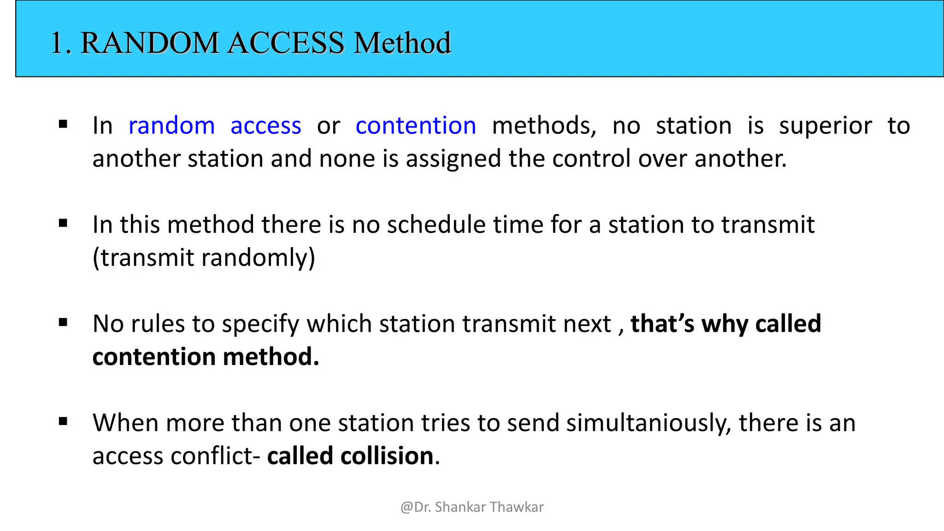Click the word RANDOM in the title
point(149,43)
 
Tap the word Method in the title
point(402,43)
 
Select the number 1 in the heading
point(57,43)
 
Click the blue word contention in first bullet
point(416,125)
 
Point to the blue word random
point(171,125)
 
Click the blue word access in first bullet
point(265,125)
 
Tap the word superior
point(825,125)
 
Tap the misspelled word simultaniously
point(649,423)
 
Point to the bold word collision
point(387,456)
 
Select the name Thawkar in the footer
point(517,507)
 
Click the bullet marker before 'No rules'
point(63,323)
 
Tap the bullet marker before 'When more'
point(63,421)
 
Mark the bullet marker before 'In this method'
point(63,224)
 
